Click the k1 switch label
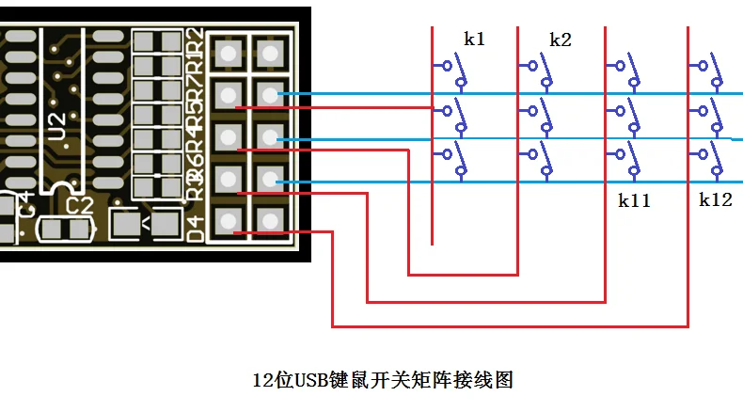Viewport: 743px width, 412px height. click(474, 40)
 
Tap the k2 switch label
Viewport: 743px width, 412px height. click(560, 40)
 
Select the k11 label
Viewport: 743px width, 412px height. click(634, 200)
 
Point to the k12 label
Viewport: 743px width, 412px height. click(715, 200)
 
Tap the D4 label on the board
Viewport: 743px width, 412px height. click(197, 229)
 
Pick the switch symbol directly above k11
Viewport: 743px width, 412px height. click(626, 160)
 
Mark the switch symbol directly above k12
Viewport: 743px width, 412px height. click(710, 160)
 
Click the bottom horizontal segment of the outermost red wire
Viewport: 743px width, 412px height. click(509, 326)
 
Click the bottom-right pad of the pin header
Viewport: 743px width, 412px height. click(271, 221)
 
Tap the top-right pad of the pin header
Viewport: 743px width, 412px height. click(271, 53)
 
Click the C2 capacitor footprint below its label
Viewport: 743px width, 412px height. click(66, 228)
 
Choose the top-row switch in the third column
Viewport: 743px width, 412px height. click(626, 67)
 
